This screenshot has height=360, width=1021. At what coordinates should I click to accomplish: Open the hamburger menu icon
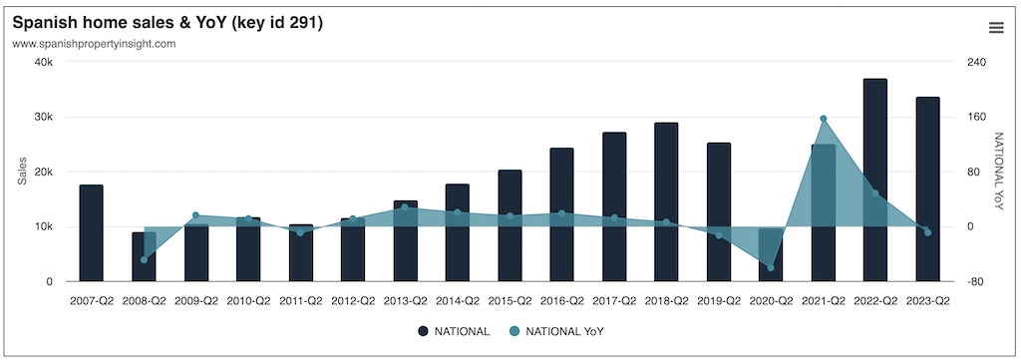pos(995,27)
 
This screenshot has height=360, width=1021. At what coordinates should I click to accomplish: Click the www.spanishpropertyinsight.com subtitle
pos(94,44)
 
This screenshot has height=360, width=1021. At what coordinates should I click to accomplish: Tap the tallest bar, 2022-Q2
pos(874,180)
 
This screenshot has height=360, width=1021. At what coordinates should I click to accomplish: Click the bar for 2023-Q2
pos(927,189)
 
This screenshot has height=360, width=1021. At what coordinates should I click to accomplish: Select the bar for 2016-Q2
pos(561,214)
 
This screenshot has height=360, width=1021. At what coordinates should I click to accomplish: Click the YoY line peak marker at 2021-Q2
pos(823,119)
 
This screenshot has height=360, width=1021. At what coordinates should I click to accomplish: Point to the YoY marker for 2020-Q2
pos(771,268)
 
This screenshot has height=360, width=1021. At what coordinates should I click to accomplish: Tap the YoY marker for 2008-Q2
pos(144,260)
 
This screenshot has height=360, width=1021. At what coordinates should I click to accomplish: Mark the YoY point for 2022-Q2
pos(875,192)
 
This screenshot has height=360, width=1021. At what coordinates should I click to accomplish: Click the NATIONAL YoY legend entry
pos(555,331)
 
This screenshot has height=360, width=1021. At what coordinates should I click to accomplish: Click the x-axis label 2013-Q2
pos(405,299)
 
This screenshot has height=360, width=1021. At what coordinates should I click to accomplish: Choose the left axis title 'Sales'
pos(22,172)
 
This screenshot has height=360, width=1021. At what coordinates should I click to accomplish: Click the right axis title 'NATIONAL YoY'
pos(998,172)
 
